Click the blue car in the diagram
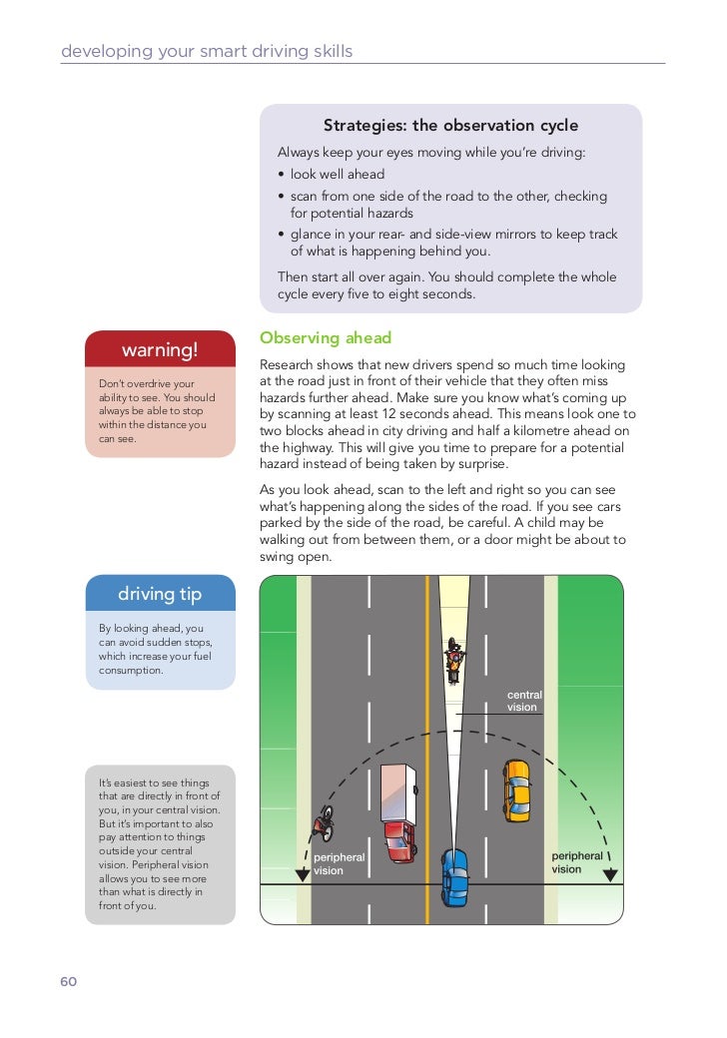point(454,875)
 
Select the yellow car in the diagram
point(516,789)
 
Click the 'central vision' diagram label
point(522,701)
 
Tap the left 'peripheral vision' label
point(339,863)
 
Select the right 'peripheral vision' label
point(577,862)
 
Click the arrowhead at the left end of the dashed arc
point(302,874)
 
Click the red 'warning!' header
point(160,349)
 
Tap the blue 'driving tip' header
point(160,594)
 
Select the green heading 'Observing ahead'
point(326,338)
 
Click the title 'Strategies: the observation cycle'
point(450,126)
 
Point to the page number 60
point(68,981)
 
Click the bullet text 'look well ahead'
point(338,175)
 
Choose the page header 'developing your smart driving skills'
point(207,51)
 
